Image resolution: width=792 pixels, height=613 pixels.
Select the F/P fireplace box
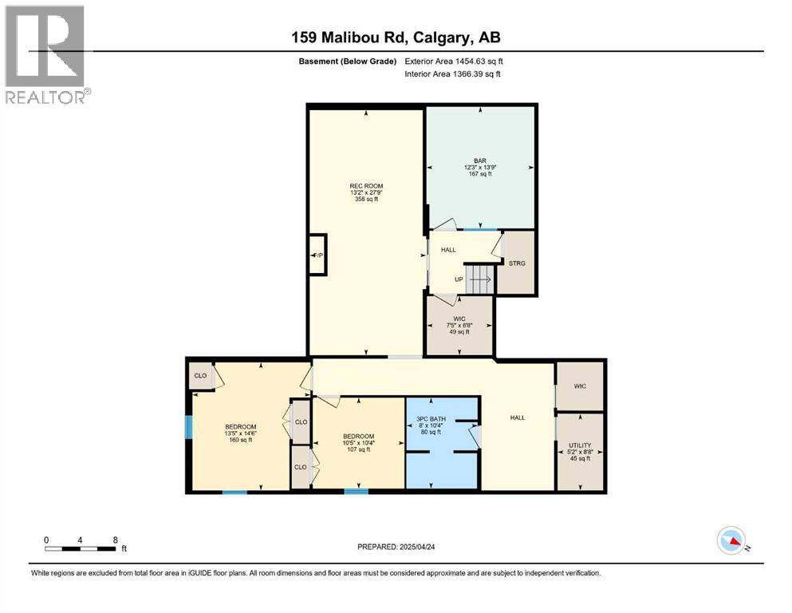[317, 255]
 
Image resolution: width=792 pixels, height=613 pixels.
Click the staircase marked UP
[477, 279]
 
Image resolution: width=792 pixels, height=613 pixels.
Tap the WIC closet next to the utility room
[580, 386]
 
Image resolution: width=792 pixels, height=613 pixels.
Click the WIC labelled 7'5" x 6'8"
[459, 325]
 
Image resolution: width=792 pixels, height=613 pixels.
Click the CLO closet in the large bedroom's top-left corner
[199, 375]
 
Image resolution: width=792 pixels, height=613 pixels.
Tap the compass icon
[732, 541]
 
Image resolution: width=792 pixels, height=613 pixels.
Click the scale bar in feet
[82, 547]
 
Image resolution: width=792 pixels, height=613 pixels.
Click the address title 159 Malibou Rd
[396, 37]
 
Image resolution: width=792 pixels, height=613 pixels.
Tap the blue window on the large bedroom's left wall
[189, 427]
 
